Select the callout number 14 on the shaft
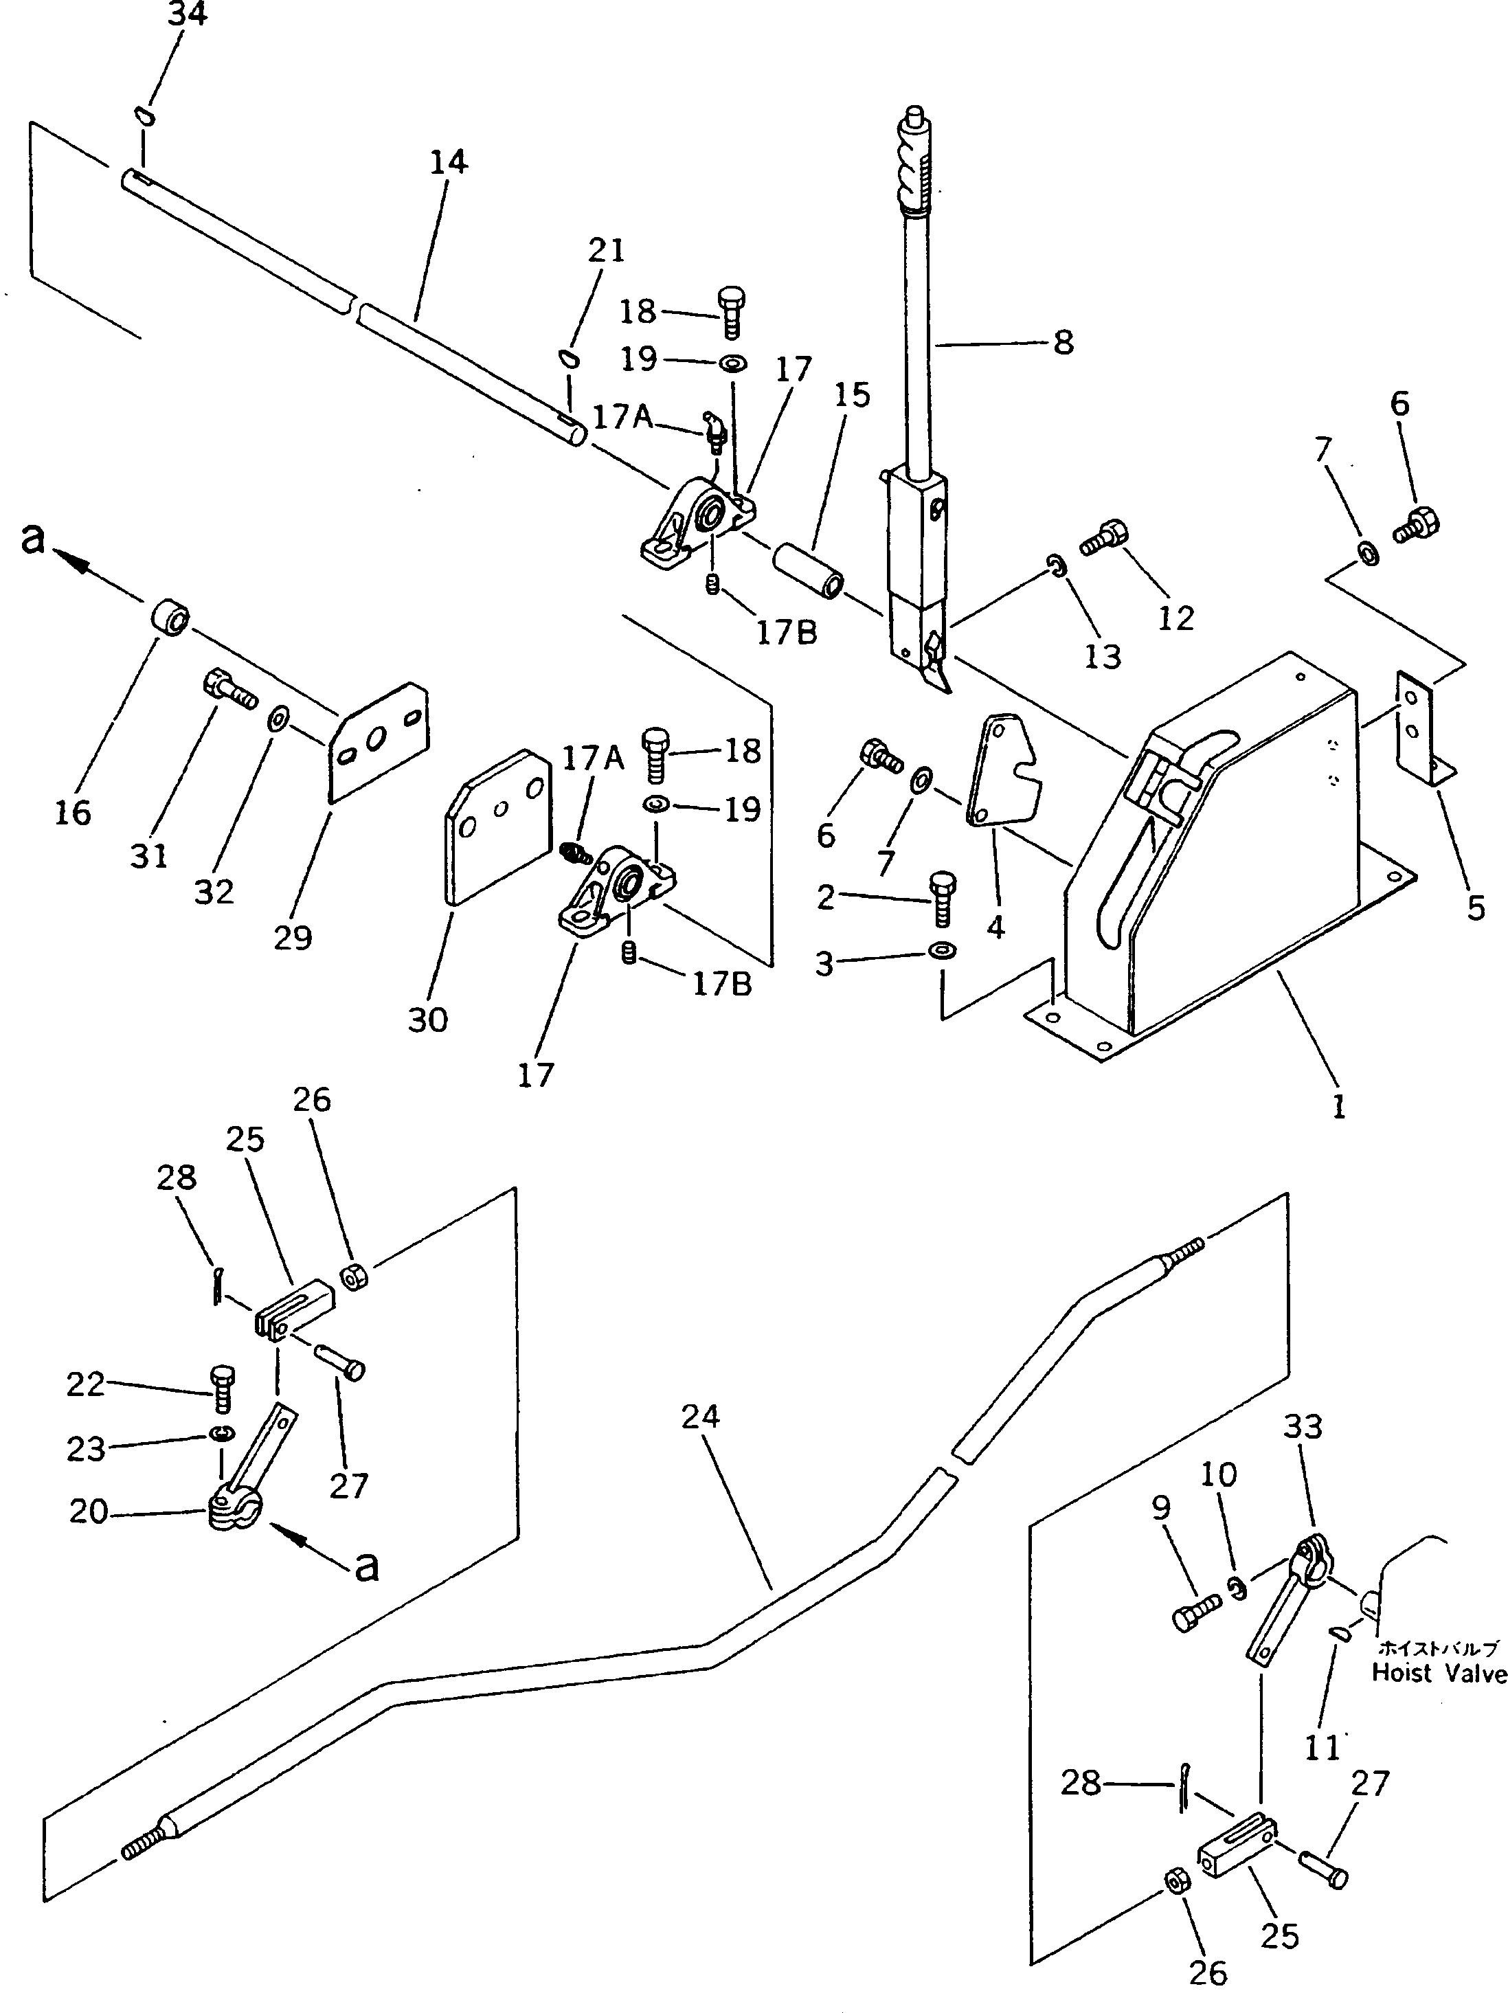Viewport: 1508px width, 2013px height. point(448,162)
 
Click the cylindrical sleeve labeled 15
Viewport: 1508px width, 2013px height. point(809,571)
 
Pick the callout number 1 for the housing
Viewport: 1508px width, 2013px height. point(1338,1107)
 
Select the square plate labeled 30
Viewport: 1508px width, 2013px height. point(499,824)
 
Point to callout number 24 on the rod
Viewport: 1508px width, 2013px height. point(700,1416)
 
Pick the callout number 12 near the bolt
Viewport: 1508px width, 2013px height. point(1175,618)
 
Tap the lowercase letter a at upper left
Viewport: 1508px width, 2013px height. point(34,538)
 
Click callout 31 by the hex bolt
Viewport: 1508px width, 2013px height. point(148,855)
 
